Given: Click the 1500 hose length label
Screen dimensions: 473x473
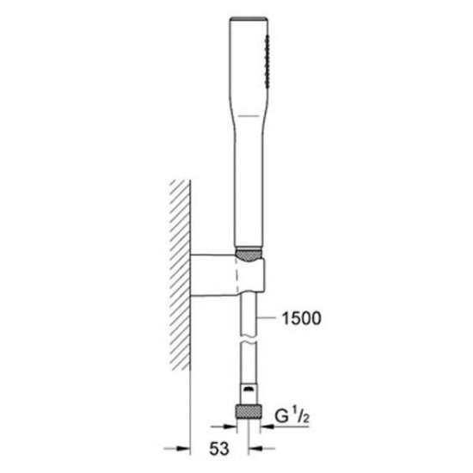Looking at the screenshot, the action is point(301,318).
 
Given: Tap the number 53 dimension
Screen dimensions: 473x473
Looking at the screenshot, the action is point(219,449).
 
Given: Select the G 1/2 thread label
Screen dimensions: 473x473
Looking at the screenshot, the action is point(292,416).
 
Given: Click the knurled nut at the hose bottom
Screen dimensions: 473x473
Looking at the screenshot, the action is point(249,412).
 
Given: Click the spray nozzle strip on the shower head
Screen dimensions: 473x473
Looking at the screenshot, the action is point(267,61).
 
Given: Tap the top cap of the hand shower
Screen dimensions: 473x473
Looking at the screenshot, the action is point(249,19).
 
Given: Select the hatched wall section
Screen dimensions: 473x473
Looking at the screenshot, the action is point(180,274).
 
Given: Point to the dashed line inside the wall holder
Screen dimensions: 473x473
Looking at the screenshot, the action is point(237,275).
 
